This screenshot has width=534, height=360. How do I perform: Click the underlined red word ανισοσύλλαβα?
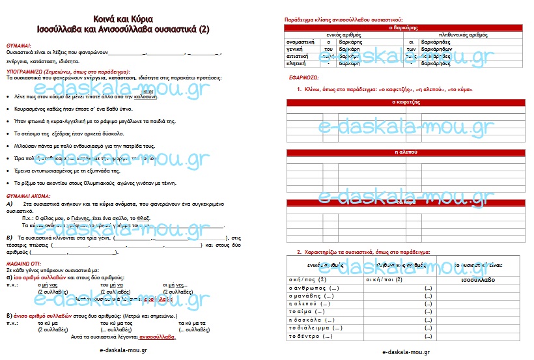click(x=157, y=337)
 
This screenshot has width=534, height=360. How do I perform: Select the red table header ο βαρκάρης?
click(x=403, y=28)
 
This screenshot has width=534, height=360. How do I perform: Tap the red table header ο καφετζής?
click(x=403, y=102)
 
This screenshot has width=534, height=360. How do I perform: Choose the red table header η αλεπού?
click(x=403, y=151)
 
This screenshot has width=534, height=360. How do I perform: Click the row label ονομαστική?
click(x=301, y=42)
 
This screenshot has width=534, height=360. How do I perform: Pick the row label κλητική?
click(x=298, y=64)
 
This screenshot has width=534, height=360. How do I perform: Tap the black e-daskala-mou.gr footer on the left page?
click(x=123, y=350)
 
